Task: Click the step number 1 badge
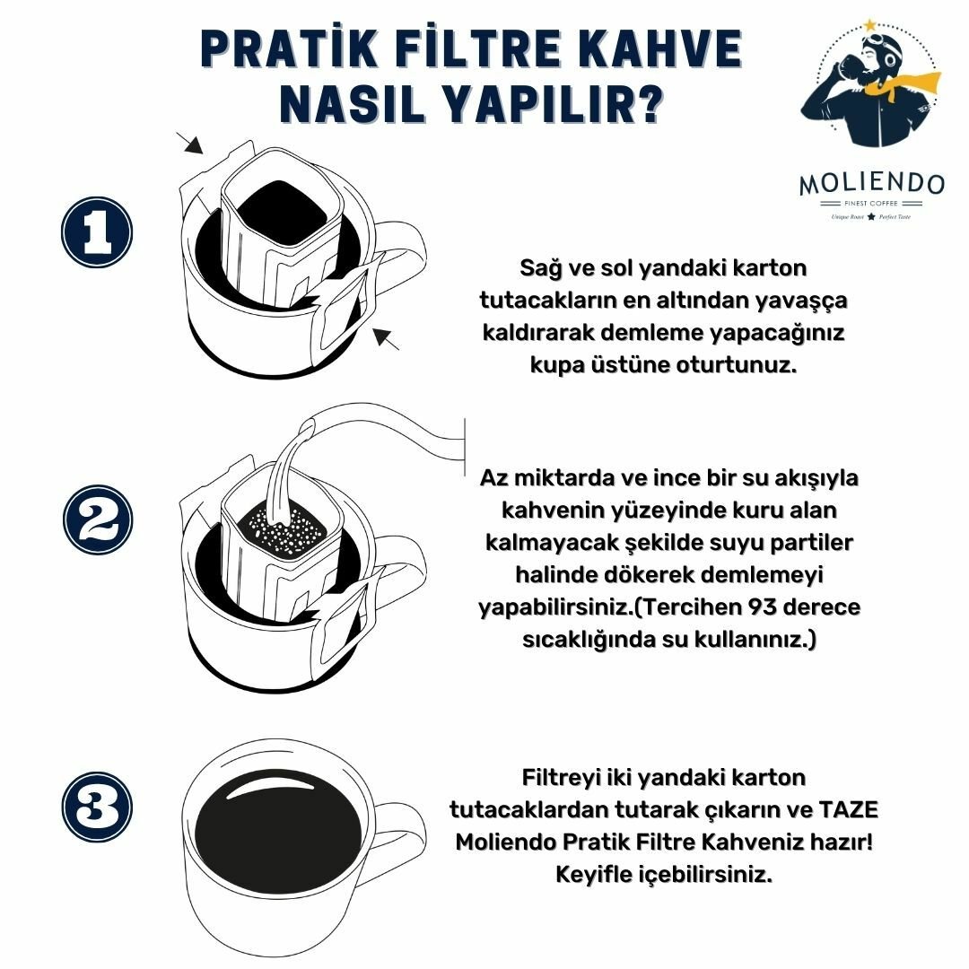coord(97,232)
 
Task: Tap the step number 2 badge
coord(98,519)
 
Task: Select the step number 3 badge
coord(97,807)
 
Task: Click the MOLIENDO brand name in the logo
coord(871,184)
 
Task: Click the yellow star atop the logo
coord(870,25)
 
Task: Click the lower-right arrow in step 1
coord(386,338)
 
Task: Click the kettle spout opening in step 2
coord(307,426)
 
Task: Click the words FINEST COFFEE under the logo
coord(870,204)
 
